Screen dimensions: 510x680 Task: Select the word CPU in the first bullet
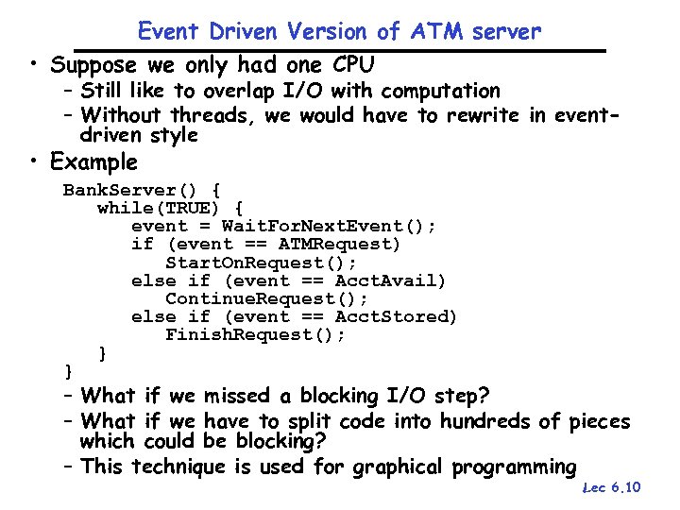click(x=351, y=65)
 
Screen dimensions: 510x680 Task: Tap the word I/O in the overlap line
click(x=282, y=92)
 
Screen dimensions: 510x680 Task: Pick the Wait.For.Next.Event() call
click(x=329, y=226)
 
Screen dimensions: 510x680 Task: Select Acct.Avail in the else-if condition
click(x=390, y=280)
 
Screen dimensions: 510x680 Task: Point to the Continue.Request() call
click(x=266, y=298)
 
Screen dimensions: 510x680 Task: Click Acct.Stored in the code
click(x=396, y=316)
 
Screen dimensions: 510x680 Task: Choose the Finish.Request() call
click(x=255, y=334)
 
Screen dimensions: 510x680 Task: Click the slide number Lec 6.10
click(x=613, y=487)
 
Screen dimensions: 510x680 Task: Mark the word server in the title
click(x=510, y=31)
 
